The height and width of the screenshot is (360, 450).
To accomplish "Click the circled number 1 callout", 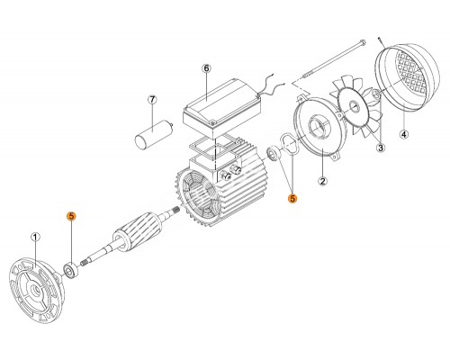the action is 35,238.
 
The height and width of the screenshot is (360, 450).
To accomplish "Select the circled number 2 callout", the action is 322,181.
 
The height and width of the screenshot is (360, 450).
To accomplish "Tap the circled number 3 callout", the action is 381,148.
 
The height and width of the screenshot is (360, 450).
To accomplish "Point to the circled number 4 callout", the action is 404,134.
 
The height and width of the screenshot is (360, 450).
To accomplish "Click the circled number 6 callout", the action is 206,68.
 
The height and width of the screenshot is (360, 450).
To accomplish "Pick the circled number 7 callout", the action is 152,99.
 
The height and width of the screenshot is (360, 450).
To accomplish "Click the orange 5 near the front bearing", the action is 71,216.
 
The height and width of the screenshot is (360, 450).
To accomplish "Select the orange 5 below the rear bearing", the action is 292,198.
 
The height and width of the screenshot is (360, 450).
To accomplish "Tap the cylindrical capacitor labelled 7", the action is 154,133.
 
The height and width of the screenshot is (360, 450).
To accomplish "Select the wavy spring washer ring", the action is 289,145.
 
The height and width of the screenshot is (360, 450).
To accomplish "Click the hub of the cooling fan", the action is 353,105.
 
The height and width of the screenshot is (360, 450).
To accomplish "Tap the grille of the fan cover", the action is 412,71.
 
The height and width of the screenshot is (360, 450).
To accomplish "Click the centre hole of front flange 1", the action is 37,290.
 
